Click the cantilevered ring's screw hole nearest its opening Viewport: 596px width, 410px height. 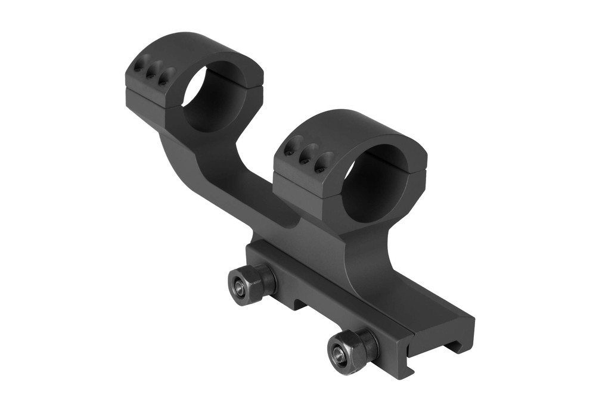(x=167, y=77)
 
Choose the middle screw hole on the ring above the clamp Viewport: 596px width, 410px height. (x=308, y=156)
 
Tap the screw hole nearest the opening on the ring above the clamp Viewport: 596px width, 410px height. (x=324, y=163)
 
